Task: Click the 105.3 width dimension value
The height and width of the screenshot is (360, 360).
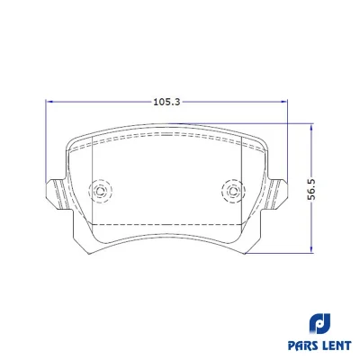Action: click(x=166, y=102)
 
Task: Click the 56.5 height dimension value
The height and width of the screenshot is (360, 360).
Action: click(x=311, y=189)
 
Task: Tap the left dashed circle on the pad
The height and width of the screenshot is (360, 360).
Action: click(x=100, y=190)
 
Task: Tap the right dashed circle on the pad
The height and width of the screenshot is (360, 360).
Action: click(x=233, y=191)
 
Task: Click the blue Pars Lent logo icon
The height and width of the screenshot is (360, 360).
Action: click(x=319, y=323)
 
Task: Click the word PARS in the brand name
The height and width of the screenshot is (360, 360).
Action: click(x=302, y=346)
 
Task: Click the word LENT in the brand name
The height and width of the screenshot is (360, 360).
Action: click(x=337, y=346)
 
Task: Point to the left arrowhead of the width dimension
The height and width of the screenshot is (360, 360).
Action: click(x=49, y=102)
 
